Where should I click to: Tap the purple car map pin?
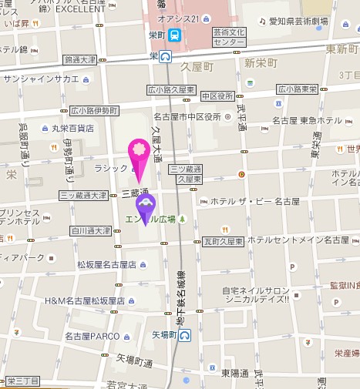click(x=146, y=206)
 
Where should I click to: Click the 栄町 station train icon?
click(x=176, y=35)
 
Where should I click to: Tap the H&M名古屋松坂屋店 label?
click(x=85, y=300)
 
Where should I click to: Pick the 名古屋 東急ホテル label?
click(x=308, y=121)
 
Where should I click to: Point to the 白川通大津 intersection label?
click(x=90, y=230)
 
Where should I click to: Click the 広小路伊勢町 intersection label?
click(x=93, y=109)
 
